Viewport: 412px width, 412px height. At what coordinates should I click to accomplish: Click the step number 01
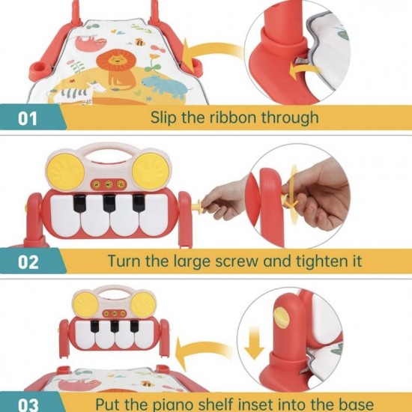tap(27, 118)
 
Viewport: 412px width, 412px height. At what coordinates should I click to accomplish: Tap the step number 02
tap(28, 262)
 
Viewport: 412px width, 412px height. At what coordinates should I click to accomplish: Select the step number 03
tap(28, 405)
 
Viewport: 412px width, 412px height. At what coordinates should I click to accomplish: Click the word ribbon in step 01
tap(232, 117)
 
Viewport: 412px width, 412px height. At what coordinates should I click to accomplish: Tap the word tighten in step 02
tap(318, 261)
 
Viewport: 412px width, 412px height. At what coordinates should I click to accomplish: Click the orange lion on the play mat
tap(115, 69)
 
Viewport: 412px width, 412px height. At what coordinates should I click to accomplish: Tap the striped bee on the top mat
tap(140, 42)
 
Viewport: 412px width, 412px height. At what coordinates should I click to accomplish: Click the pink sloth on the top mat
tap(91, 43)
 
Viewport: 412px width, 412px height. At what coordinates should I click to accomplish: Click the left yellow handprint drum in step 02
tap(66, 172)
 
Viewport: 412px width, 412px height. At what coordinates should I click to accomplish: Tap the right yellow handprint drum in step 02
tap(151, 171)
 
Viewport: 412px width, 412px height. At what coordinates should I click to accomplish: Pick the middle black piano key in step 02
tap(109, 203)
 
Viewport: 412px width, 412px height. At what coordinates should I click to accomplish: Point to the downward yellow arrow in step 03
tap(254, 343)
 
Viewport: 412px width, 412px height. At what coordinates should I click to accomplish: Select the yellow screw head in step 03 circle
tap(281, 318)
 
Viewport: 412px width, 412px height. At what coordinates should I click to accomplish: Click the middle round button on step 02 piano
tap(109, 185)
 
